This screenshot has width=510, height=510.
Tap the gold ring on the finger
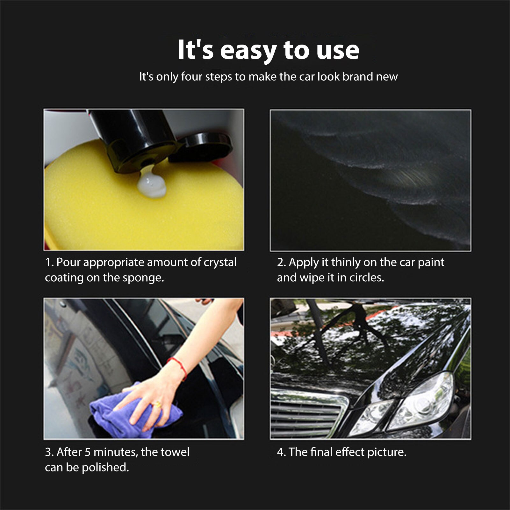pyautogui.click(x=157, y=405)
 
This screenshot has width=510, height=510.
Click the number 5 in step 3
pyautogui.click(x=88, y=452)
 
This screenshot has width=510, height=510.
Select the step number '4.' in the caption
pyautogui.click(x=281, y=452)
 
